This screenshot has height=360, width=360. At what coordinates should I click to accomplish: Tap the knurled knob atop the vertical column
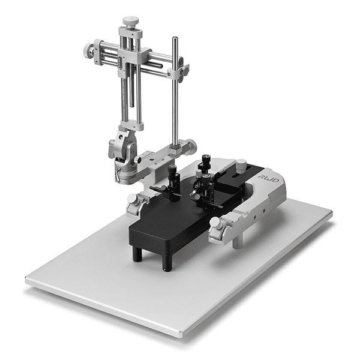tap(130, 22)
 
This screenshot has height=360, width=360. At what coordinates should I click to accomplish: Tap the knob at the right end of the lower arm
tap(190, 147)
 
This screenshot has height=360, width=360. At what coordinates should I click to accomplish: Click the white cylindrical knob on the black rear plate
tap(241, 164)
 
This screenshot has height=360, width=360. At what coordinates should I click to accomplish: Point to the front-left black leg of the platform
tap(137, 253)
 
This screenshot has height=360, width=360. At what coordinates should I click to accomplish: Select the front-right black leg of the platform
tap(167, 263)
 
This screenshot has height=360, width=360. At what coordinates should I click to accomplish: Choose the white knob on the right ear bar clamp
tap(215, 223)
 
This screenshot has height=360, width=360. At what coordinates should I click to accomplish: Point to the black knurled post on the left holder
tap(172, 173)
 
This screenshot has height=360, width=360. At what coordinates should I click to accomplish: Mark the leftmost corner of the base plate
tap(26, 280)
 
